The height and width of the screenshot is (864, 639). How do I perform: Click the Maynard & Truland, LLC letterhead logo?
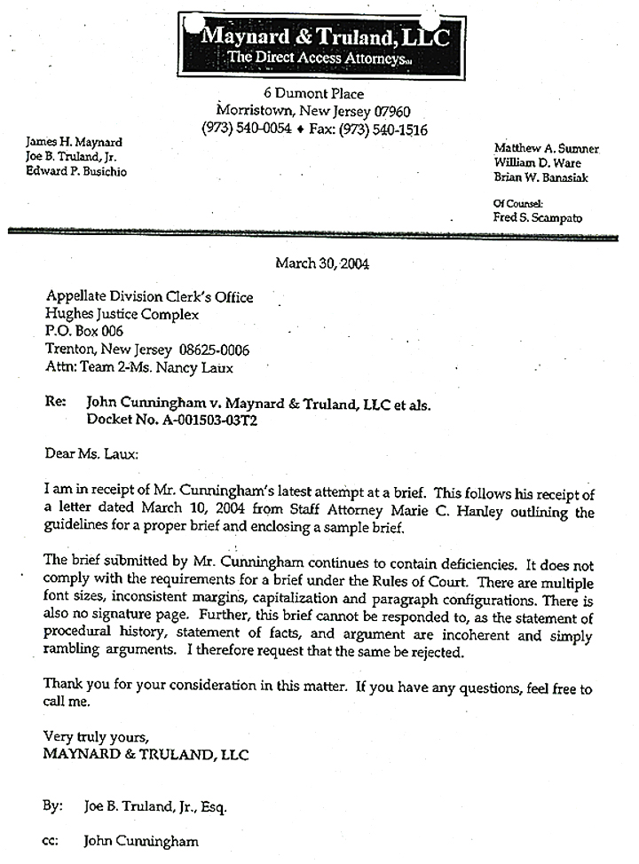pyautogui.click(x=321, y=44)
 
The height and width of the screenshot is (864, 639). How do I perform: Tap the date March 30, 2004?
pyautogui.click(x=322, y=263)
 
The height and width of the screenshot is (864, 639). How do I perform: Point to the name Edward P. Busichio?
pyautogui.click(x=75, y=171)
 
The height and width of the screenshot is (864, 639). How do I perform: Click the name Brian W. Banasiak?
pyautogui.click(x=541, y=177)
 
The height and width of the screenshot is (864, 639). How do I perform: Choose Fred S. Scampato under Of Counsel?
pyautogui.click(x=539, y=217)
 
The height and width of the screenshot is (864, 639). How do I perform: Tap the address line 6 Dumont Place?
pyautogui.click(x=313, y=94)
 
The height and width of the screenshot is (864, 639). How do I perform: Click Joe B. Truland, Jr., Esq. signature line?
pyautogui.click(x=155, y=806)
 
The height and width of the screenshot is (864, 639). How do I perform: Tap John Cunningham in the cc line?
pyautogui.click(x=141, y=841)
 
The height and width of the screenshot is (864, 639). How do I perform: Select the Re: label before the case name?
pyautogui.click(x=55, y=402)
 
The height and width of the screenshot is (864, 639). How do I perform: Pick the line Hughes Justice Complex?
pyautogui.click(x=122, y=314)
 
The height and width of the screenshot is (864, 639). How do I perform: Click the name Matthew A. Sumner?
pyautogui.click(x=547, y=148)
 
